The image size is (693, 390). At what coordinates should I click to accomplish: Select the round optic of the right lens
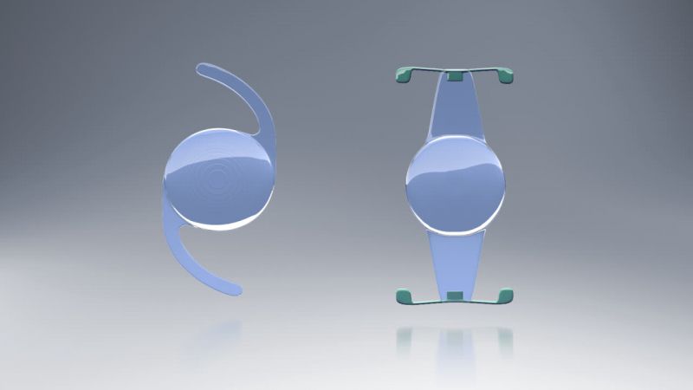coord(455,184)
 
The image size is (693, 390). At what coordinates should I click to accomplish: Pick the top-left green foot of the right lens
coord(403,75)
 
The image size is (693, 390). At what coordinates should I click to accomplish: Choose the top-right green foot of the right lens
coord(506,76)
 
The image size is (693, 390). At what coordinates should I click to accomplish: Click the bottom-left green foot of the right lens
coord(404,297)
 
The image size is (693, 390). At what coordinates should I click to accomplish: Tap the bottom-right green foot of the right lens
coord(506,297)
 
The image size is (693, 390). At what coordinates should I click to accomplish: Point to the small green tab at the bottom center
coord(454,297)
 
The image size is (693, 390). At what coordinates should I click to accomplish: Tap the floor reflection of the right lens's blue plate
coord(454,347)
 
